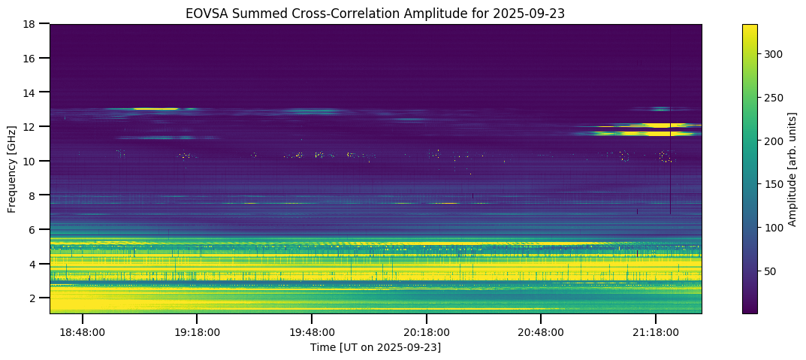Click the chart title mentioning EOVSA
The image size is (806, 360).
pos(375,14)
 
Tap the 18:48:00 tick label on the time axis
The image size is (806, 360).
pos(83,331)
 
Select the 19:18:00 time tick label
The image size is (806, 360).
pos(197,331)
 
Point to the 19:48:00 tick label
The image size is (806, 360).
pos(312,331)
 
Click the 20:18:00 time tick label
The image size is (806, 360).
pos(427,331)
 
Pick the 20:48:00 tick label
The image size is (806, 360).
pos(541,331)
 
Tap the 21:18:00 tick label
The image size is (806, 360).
pos(656,331)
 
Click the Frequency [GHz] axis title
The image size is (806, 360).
pos(12,169)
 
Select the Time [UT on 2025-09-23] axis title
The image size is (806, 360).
pos(375,346)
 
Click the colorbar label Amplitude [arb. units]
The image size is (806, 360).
pos(792,169)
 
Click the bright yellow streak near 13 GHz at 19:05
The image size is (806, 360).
pos(155,109)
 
